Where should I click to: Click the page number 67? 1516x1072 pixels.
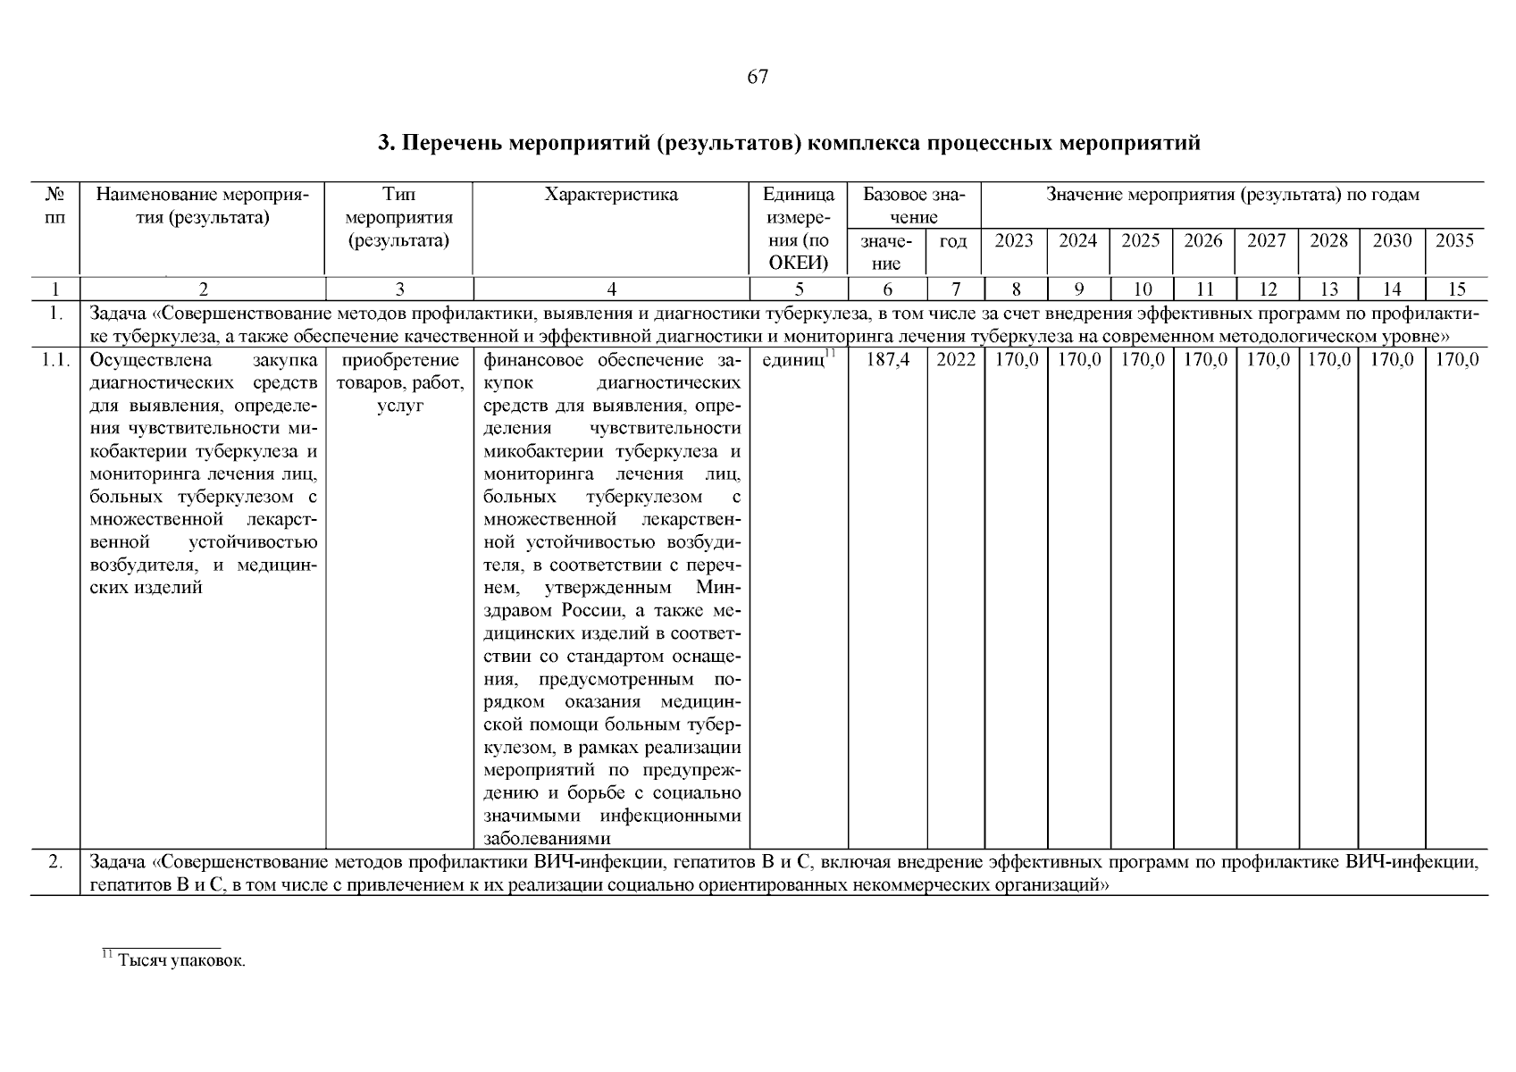point(757,77)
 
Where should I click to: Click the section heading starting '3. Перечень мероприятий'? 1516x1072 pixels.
point(789,143)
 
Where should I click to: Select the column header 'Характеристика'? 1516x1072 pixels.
point(611,195)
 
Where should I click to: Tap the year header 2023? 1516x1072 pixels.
point(1014,240)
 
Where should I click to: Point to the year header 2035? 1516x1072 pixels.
point(1454,240)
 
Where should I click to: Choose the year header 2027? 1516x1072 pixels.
point(1266,240)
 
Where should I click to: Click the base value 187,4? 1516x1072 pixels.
point(887,360)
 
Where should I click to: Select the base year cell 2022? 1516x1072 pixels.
point(955,360)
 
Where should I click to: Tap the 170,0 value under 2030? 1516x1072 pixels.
point(1392,360)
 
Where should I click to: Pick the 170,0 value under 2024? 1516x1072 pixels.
point(1077,360)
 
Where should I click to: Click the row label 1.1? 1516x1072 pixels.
point(55,360)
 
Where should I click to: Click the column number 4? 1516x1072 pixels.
point(611,289)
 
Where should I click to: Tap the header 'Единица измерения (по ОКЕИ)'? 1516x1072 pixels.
point(799,229)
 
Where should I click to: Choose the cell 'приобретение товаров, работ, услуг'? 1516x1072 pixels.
point(399,382)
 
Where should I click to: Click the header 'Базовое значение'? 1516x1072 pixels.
point(914,205)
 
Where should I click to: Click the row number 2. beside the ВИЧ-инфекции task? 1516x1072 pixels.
point(55,863)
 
